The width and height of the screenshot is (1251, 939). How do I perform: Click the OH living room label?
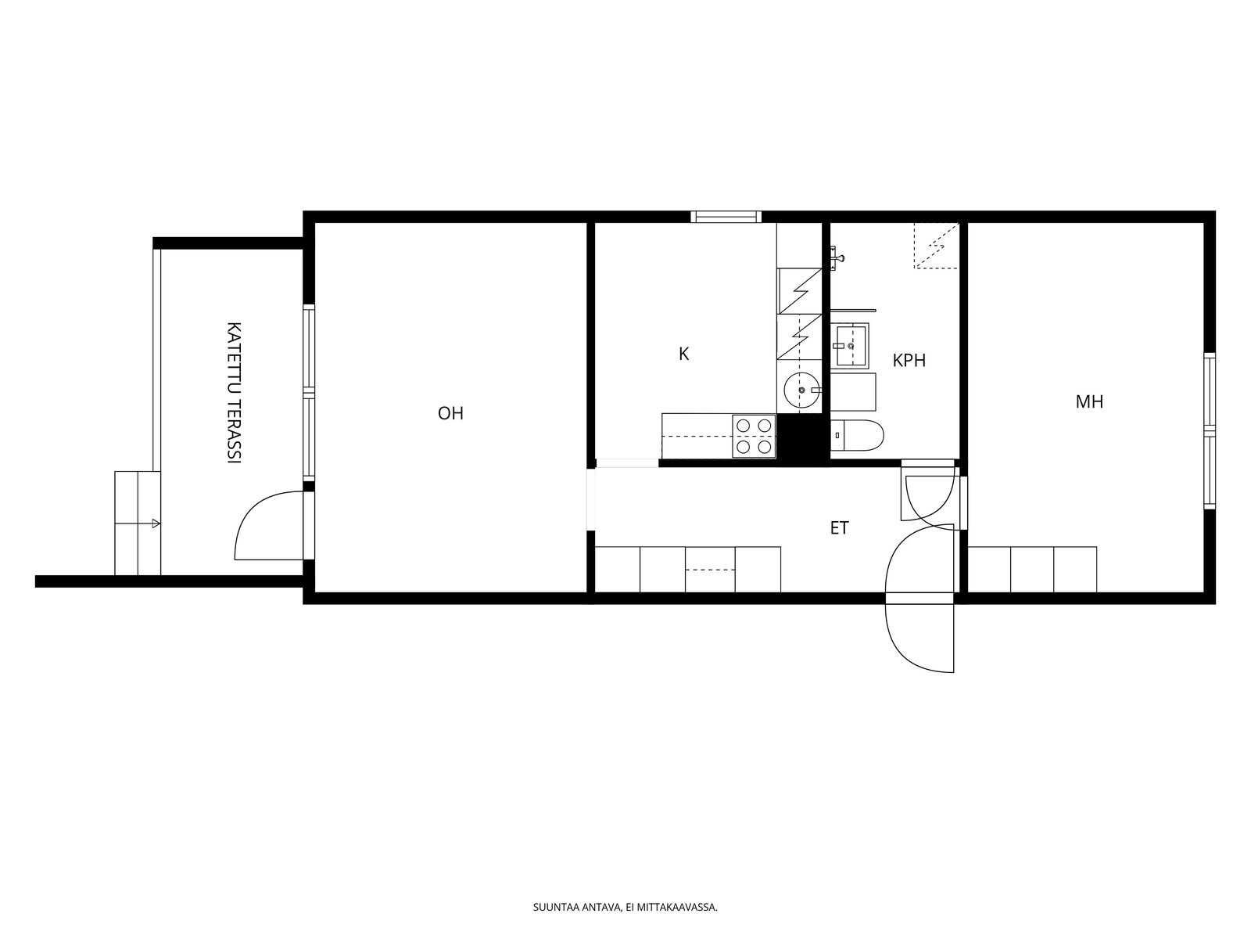coord(450,413)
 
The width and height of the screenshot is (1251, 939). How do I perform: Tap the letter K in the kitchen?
coord(683,354)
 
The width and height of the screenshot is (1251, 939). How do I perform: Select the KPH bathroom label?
coord(909,360)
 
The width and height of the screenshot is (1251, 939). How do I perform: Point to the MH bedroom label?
coord(1089,402)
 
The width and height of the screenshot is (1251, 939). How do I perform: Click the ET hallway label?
coord(839,528)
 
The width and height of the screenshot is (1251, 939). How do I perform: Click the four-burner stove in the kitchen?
coord(754,436)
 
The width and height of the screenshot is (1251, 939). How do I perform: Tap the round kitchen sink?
coord(802,390)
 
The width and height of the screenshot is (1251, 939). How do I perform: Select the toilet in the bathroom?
coord(857,436)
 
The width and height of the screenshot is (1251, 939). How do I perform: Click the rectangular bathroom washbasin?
coord(849,346)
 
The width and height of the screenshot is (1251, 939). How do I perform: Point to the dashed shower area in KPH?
coord(937,245)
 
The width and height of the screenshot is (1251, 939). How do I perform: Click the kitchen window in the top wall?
coord(726,217)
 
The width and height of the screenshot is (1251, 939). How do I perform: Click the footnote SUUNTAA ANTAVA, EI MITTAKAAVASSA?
coord(625,907)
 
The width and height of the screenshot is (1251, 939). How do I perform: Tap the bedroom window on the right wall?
coord(1210,430)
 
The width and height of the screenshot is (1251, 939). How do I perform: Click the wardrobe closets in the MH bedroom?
coord(1032,570)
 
